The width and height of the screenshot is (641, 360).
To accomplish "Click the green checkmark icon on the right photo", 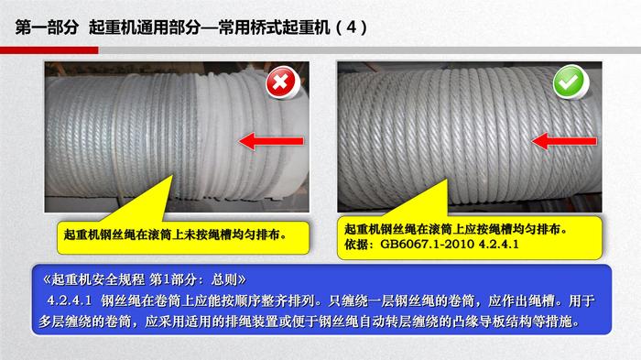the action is (x=570, y=82).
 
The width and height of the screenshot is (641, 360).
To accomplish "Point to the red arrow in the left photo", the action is (x=271, y=141).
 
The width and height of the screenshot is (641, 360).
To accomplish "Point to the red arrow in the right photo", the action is (x=564, y=141).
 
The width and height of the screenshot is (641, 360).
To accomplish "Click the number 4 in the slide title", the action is (x=351, y=27).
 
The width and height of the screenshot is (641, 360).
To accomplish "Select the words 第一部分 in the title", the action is (x=47, y=27).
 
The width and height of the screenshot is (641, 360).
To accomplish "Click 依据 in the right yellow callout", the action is (x=356, y=245).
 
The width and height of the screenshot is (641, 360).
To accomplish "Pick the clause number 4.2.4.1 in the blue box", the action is (x=70, y=300).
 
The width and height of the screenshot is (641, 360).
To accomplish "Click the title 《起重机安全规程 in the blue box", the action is (x=93, y=279).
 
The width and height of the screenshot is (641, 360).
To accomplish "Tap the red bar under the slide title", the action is (x=49, y=50).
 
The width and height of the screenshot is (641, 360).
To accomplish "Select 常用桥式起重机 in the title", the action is (x=274, y=27).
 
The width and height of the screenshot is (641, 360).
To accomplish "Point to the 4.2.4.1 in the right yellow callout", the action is (x=498, y=245).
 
